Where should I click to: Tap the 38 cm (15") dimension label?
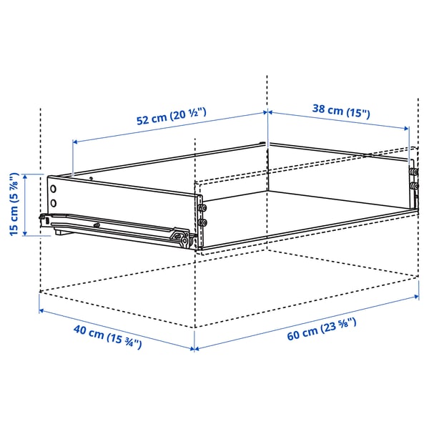[342, 111]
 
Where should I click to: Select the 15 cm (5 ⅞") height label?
[12, 204]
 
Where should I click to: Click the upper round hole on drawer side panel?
[54, 189]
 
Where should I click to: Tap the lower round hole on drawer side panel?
[54, 202]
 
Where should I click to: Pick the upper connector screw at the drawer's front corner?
[204, 208]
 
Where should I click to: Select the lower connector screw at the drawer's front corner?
[204, 222]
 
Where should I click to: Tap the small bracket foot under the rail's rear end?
[55, 232]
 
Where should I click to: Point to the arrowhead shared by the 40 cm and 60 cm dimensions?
[194, 349]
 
